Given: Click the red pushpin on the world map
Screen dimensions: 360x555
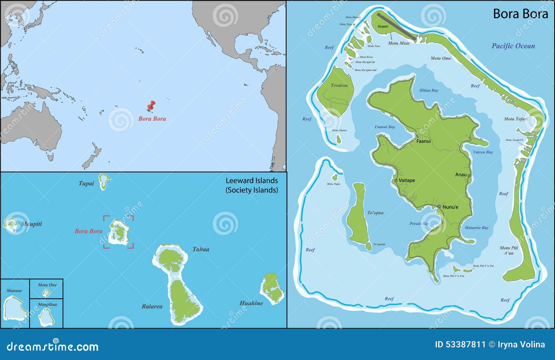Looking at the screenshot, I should click(x=151, y=105).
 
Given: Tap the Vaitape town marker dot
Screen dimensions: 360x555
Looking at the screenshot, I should click(x=396, y=180).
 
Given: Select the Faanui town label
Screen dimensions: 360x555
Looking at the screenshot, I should click(x=424, y=141).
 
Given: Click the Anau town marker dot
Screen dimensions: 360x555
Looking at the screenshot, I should click(x=469, y=175).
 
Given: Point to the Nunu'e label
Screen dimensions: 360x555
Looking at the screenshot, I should click(x=450, y=207).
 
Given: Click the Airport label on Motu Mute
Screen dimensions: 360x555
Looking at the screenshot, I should click(x=383, y=26).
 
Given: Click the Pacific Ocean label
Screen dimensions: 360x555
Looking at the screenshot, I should click(x=513, y=46).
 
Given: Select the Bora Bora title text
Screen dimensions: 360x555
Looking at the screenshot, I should click(x=520, y=14).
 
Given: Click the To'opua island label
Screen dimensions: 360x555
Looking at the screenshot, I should click(x=375, y=213).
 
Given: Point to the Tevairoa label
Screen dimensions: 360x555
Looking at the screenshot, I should click(x=339, y=85).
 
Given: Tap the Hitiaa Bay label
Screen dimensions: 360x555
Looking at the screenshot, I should click(x=429, y=90).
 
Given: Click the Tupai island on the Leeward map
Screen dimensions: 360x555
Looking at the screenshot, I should click(x=104, y=181).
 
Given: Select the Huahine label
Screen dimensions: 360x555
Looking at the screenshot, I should click(x=251, y=303).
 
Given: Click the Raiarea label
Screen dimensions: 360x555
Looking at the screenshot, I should click(x=152, y=306).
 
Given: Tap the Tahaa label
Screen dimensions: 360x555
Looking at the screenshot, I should click(x=201, y=249).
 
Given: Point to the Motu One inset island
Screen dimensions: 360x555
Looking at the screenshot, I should click(x=46, y=293).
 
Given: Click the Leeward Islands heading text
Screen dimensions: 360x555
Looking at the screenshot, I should click(x=251, y=185).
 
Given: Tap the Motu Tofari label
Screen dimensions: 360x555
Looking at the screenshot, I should click(x=515, y=119).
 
